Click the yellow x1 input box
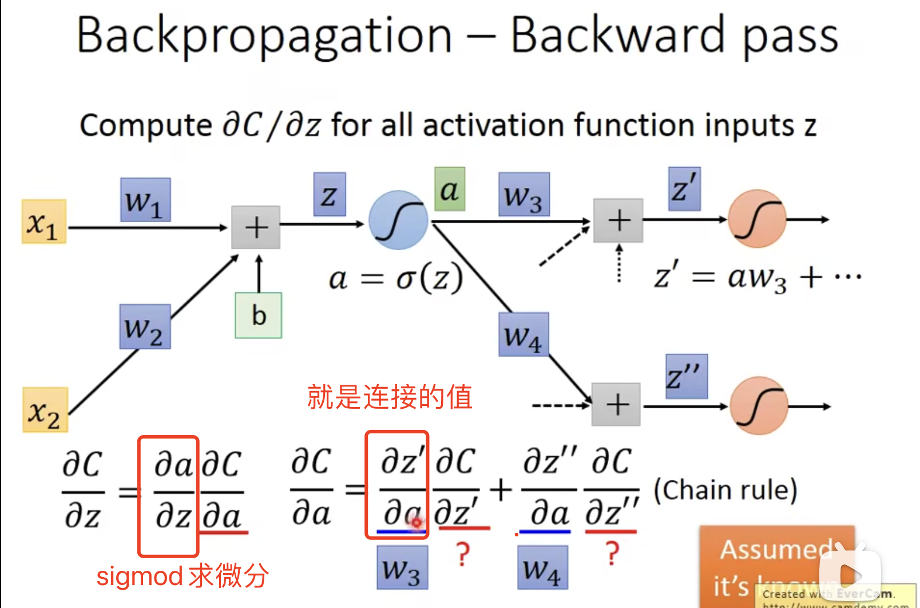pos(44,222)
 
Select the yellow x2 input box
pos(45,409)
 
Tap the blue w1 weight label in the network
pos(145,200)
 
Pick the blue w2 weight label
pos(145,327)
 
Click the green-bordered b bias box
pos(259,315)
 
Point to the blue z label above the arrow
pos(330,195)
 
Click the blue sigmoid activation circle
pos(398,220)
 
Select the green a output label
pos(450,189)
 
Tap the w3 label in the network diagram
pos(524,195)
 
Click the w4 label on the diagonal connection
pos(524,335)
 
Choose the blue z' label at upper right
pos(684,189)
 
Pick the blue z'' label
pos(686,377)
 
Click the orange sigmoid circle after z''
pos(759,405)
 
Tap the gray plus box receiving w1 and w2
pos(256,227)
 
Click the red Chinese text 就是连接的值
pos(390,397)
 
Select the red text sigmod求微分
pos(183,576)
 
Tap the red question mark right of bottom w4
pos(612,554)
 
